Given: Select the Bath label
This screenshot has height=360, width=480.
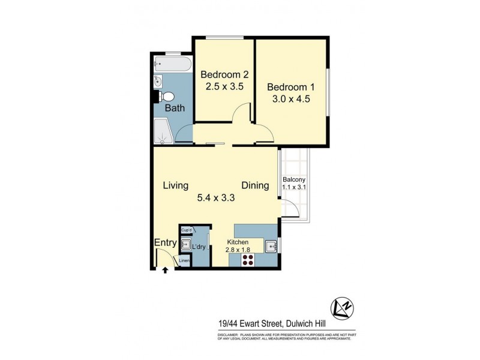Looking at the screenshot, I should click(x=175, y=109).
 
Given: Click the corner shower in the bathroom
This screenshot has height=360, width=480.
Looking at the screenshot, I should click(x=163, y=132).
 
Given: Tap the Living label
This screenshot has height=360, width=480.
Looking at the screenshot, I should click(x=176, y=185).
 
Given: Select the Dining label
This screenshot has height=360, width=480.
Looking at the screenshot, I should click(x=255, y=185).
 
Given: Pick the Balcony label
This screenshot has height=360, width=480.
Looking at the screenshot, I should click(x=294, y=179).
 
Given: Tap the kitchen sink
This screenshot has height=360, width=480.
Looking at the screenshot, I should click(x=271, y=246).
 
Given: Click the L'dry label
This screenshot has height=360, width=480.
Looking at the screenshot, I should click(x=199, y=247).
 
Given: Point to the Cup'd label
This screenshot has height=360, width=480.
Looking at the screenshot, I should click(x=186, y=230).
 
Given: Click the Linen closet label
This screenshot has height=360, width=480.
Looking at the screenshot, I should click(x=185, y=261).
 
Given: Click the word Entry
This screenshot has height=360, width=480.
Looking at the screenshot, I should click(x=165, y=242).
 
